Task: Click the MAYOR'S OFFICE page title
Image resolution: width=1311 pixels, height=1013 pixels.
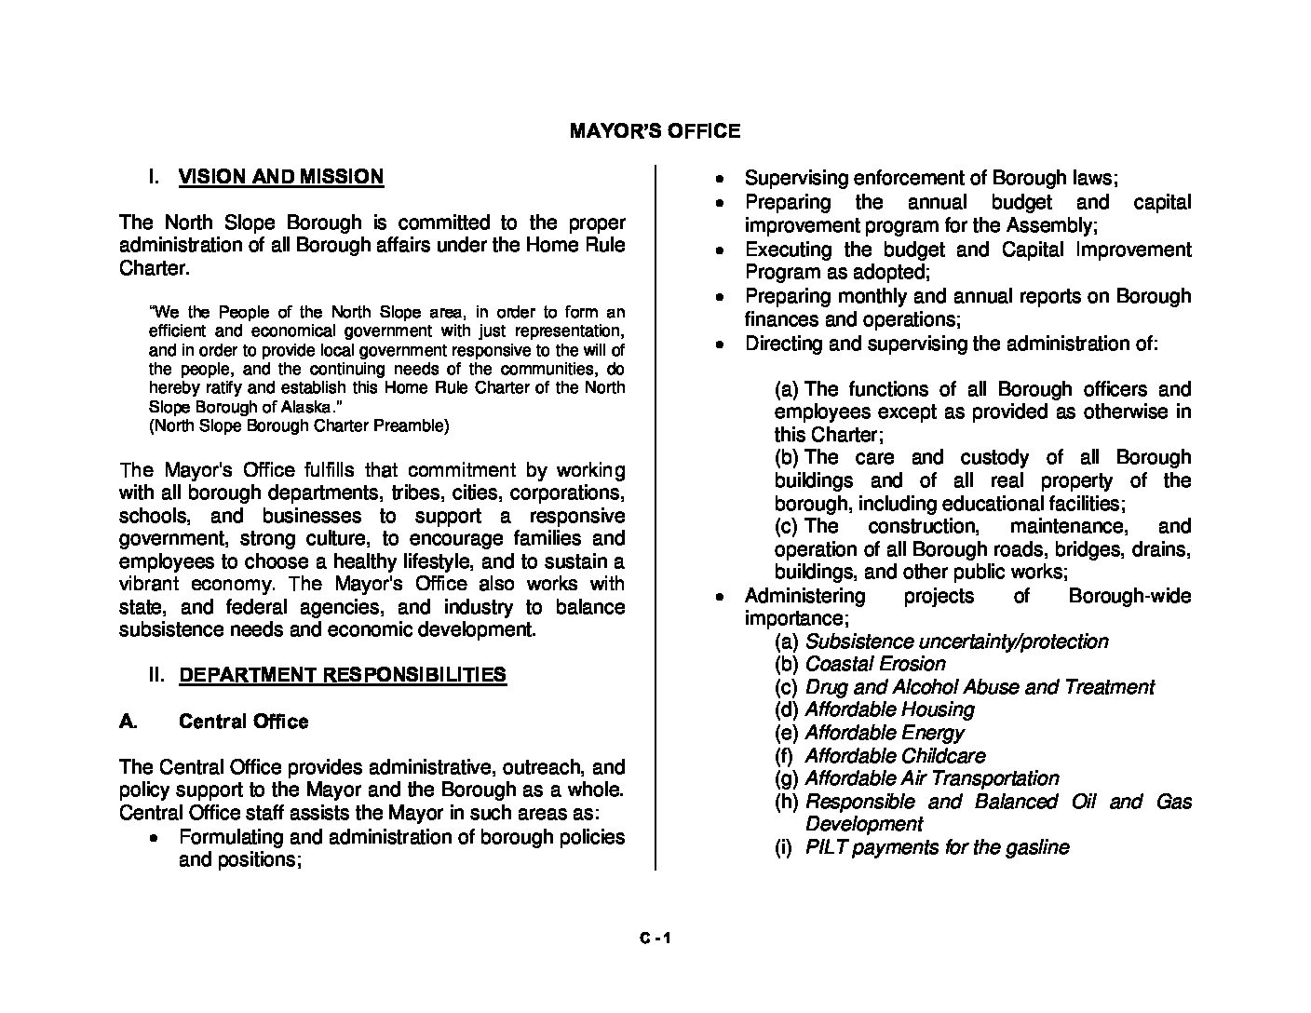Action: [x=655, y=131]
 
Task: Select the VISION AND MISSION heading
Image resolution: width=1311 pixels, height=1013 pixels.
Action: [x=280, y=177]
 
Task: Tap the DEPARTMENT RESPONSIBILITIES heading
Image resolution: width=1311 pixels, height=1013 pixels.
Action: [x=342, y=675]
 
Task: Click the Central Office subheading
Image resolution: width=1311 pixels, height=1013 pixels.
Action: [x=243, y=722]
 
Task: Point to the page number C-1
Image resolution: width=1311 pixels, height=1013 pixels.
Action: [x=655, y=939]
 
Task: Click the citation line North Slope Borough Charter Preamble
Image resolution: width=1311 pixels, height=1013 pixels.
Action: [x=299, y=426]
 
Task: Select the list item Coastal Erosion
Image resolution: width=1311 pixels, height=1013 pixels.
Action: [x=874, y=664]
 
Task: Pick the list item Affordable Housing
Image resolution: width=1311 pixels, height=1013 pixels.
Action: [x=889, y=709]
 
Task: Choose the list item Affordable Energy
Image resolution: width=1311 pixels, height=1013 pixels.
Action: [x=884, y=733]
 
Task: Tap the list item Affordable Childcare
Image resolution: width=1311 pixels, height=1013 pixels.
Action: [x=895, y=756]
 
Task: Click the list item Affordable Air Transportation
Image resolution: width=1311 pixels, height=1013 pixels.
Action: [x=931, y=778]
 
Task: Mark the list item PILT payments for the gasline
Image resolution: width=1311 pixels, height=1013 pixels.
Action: [x=937, y=847]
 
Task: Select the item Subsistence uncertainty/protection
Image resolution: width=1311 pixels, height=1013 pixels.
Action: [x=956, y=642]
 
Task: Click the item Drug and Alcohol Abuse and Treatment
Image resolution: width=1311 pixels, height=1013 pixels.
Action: [x=979, y=687]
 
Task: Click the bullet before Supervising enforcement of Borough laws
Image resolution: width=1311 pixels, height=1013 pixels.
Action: [x=719, y=179]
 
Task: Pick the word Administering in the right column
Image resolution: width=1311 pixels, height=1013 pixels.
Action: [x=804, y=596]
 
